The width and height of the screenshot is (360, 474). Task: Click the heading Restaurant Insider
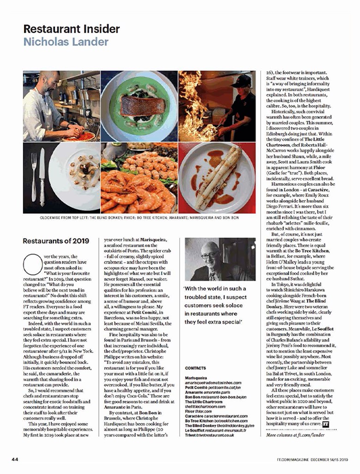pyautogui.click(x=72, y=29)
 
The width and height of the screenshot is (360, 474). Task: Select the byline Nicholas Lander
pyautogui.click(x=66, y=42)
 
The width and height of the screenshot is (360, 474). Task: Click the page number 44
pyautogui.click(x=15, y=459)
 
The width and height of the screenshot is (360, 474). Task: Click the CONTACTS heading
pyautogui.click(x=195, y=368)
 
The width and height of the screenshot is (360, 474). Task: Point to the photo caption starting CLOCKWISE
pyautogui.click(x=139, y=219)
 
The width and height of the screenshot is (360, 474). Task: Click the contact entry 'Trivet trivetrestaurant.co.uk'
pyautogui.click(x=209, y=434)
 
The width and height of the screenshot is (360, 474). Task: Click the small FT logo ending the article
pyautogui.click(x=325, y=423)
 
